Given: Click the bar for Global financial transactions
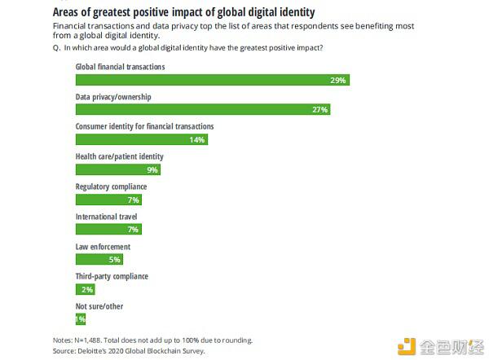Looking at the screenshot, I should click(212, 80).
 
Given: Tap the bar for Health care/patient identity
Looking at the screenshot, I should click(117, 169).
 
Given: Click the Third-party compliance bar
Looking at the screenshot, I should click(86, 289).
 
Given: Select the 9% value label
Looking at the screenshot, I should click(152, 169).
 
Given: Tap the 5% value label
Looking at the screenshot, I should click(115, 259).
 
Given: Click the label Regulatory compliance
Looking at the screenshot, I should click(112, 187).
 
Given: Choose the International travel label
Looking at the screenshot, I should click(106, 217).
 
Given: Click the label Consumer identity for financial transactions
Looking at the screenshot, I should click(144, 127).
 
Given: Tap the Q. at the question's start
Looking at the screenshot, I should click(56, 47).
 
